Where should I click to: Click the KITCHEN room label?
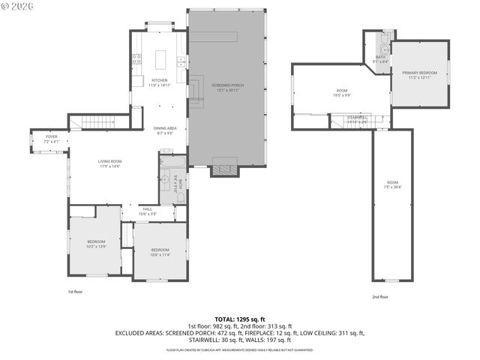click(x=160, y=81)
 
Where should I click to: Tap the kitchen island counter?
click(x=161, y=60)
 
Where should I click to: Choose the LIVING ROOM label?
click(x=109, y=161)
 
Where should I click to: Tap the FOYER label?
click(x=51, y=136)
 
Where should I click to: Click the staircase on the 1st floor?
click(x=97, y=123)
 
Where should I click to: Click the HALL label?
click(x=148, y=209)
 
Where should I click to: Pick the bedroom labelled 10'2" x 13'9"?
click(x=96, y=245)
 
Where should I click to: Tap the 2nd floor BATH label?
click(x=381, y=58)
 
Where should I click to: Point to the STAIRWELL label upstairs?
click(x=357, y=118)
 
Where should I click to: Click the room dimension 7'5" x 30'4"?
click(x=392, y=187)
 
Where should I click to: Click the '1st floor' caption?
click(x=76, y=291)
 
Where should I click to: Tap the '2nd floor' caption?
click(x=380, y=297)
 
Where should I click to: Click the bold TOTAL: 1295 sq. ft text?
click(x=239, y=319)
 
